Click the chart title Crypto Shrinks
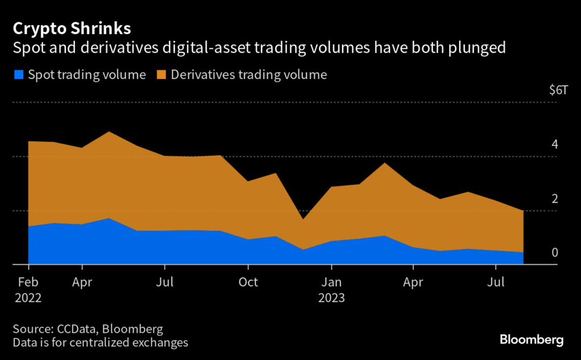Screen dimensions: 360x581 coord(72,28)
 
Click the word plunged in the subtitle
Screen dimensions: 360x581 coord(476,48)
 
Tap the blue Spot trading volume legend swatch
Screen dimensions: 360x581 coord(18,74)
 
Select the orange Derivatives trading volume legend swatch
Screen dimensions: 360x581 coord(161,74)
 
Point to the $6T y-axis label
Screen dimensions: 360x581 coord(558,90)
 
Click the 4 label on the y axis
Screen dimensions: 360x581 coord(555,144)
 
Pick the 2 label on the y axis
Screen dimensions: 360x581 coord(555,198)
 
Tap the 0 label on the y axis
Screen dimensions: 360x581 coord(555,252)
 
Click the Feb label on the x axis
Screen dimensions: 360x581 coord(28,282)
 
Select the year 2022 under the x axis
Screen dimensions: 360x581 coord(28,298)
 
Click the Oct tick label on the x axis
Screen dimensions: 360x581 coord(248,282)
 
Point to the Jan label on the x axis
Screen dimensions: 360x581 coord(331,282)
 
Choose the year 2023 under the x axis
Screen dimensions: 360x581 coord(331,298)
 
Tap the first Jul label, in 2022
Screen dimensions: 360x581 coord(165,282)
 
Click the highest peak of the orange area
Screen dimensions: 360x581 coord(109,132)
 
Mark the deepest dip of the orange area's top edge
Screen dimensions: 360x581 coord(303,219)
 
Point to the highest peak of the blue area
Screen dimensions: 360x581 coord(109,218)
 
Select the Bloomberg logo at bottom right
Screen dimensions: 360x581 coord(531,340)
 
